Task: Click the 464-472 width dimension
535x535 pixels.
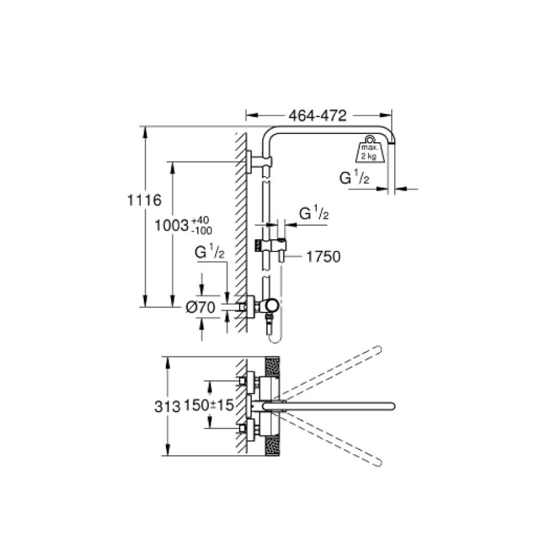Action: point(317,116)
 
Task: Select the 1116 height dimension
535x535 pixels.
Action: point(144,200)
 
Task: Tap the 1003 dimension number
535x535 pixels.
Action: point(172,225)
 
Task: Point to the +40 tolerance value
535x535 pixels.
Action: point(201,220)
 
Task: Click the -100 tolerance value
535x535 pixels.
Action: point(202,231)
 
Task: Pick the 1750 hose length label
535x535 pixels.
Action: point(323,257)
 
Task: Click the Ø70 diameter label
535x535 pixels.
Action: point(201,307)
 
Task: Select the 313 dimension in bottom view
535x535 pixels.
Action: point(167,407)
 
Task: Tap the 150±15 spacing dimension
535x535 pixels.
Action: point(209,405)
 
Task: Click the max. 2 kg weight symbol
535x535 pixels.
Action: point(370,149)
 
